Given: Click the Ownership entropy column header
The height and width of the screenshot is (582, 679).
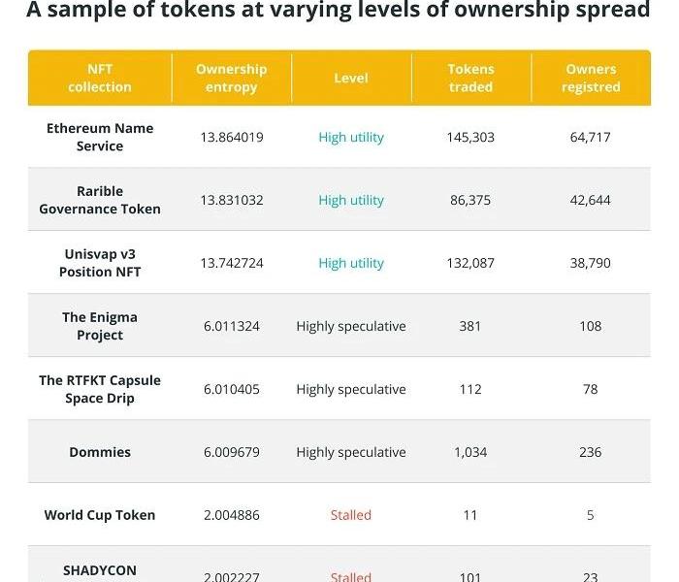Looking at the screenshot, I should coord(231,78).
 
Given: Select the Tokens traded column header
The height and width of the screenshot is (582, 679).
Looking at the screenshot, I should coord(470,78).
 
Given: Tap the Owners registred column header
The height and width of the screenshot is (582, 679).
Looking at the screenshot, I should coord(591,78).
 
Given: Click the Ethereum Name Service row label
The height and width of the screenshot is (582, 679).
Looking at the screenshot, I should coord(100,137).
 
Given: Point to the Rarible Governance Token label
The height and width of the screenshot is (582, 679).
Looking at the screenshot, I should coord(100,200).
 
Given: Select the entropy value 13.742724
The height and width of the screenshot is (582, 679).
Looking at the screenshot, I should coord(232,263).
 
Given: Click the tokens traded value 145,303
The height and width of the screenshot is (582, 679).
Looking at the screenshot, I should coord(470,137).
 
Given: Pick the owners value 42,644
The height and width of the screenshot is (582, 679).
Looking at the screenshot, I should coord(591,200).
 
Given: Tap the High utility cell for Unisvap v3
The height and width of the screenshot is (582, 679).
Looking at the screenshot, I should coord(351,263).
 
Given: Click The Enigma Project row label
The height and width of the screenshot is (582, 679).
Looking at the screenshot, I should coord(100,326).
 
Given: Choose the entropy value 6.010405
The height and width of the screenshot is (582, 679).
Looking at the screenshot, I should coord(232,389).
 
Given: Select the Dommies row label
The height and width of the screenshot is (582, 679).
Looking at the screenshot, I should coord(100,452).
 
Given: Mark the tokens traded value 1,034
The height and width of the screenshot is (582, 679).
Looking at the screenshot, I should coord(470,452).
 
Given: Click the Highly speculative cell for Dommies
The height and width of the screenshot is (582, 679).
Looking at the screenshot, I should coord(351,452).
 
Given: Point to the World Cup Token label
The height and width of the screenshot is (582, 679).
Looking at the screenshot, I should coord(100,515).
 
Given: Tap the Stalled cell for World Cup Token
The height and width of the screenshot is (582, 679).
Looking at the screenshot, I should coord(351,515).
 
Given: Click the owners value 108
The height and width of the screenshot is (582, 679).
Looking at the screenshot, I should coord(591,326).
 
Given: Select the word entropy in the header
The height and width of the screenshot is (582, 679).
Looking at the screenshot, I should coord(232,86).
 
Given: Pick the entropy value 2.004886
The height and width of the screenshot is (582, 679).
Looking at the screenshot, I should coord(232,515).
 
